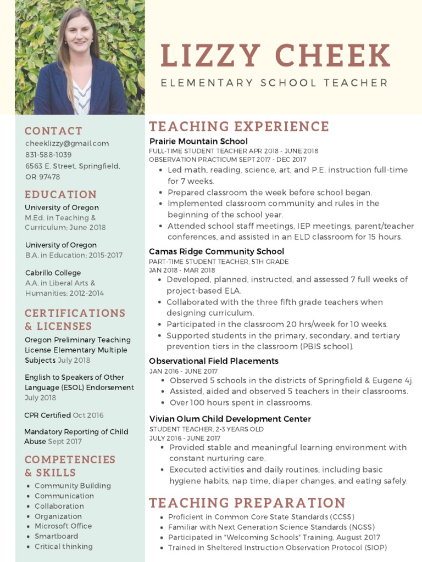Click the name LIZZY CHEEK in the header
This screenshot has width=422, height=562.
click(275, 56)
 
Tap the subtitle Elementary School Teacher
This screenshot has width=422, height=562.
click(274, 83)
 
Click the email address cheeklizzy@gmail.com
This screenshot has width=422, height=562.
click(67, 143)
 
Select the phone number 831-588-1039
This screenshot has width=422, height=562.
click(48, 155)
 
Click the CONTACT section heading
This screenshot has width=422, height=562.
click(53, 131)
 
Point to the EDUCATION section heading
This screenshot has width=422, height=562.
click(60, 194)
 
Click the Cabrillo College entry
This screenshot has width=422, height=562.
click(53, 273)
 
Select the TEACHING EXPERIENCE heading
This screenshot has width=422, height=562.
click(239, 126)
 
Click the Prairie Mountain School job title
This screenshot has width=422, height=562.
click(198, 142)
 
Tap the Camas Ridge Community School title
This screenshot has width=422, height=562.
click(216, 251)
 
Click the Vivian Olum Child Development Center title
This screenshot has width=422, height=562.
click(230, 419)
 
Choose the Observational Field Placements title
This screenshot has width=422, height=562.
click(214, 361)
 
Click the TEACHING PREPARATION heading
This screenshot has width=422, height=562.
click(247, 502)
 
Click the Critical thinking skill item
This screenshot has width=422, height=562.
click(64, 546)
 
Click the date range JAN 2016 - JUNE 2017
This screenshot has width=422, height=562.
click(183, 372)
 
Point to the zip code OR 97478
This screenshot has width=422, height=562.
click(43, 177)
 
